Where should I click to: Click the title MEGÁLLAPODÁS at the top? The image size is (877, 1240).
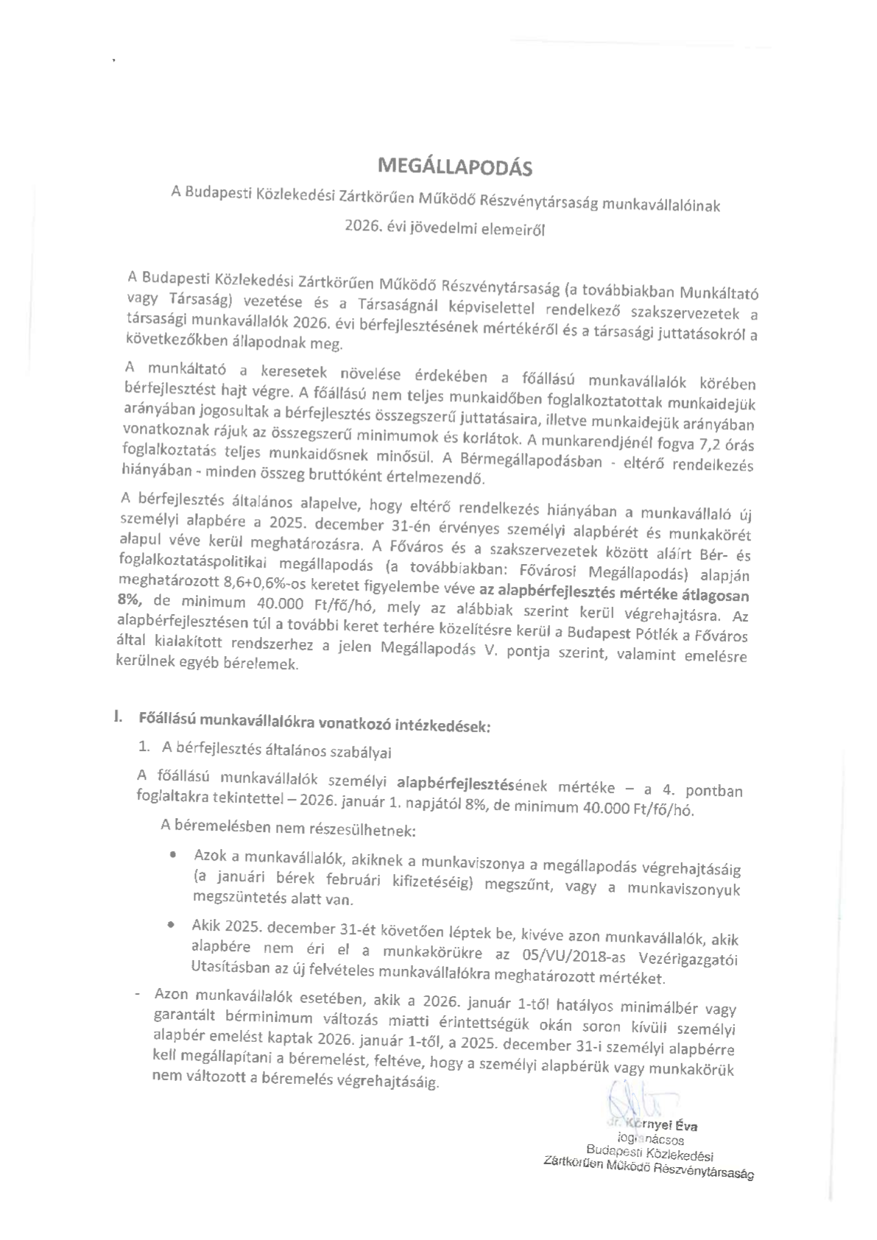click(x=454, y=167)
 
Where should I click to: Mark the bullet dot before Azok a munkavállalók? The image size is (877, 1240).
click(x=172, y=855)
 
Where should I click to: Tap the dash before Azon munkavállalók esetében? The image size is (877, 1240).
click(x=138, y=995)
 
